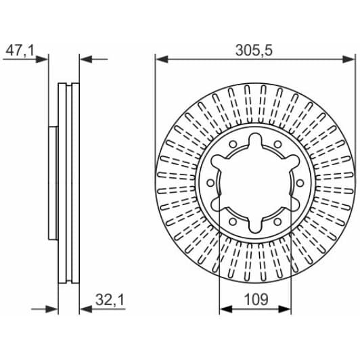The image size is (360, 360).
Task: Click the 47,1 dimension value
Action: point(20,50)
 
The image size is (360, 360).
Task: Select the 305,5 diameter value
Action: point(254,50)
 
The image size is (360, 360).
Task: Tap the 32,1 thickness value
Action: point(110,300)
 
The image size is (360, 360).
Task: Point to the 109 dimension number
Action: point(256,299)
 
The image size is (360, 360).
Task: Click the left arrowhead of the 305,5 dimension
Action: point(162,60)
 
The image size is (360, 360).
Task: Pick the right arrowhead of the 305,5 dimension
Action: point(348,60)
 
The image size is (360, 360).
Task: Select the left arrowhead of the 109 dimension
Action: point(226,309)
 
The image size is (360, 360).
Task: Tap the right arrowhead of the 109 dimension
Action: point(285,309)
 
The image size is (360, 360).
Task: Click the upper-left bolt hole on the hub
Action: point(233,144)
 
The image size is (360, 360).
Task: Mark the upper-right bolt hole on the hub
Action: point(278,144)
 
